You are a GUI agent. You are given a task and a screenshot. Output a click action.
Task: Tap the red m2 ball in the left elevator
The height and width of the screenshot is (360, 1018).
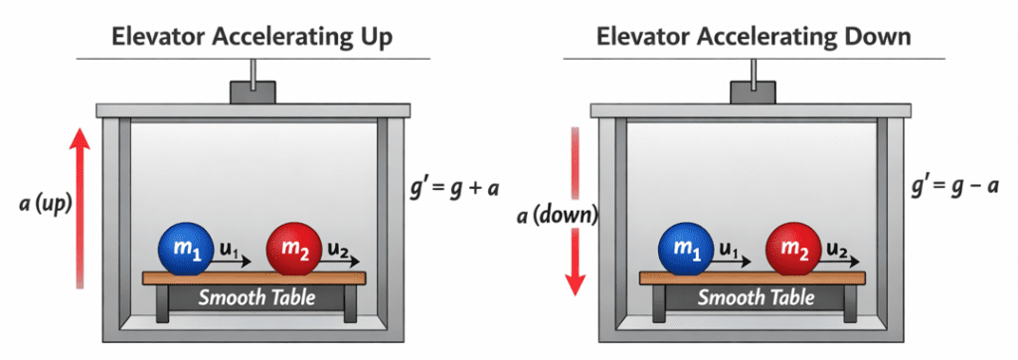point(292,249)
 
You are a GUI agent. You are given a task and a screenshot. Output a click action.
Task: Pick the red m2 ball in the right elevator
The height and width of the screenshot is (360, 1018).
point(792,249)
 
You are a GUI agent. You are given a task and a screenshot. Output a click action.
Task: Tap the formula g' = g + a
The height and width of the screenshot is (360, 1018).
point(453,186)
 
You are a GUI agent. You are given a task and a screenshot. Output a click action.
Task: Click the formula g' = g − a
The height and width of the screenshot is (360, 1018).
point(951,186)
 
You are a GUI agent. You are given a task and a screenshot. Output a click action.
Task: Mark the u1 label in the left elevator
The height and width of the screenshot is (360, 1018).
point(228,243)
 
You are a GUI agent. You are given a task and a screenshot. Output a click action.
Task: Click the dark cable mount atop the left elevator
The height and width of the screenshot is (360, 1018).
point(253,92)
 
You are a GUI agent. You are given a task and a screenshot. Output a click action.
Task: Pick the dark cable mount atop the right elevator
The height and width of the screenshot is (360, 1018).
point(753,92)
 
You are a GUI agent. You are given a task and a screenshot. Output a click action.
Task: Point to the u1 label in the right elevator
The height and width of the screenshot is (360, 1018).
point(728,243)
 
